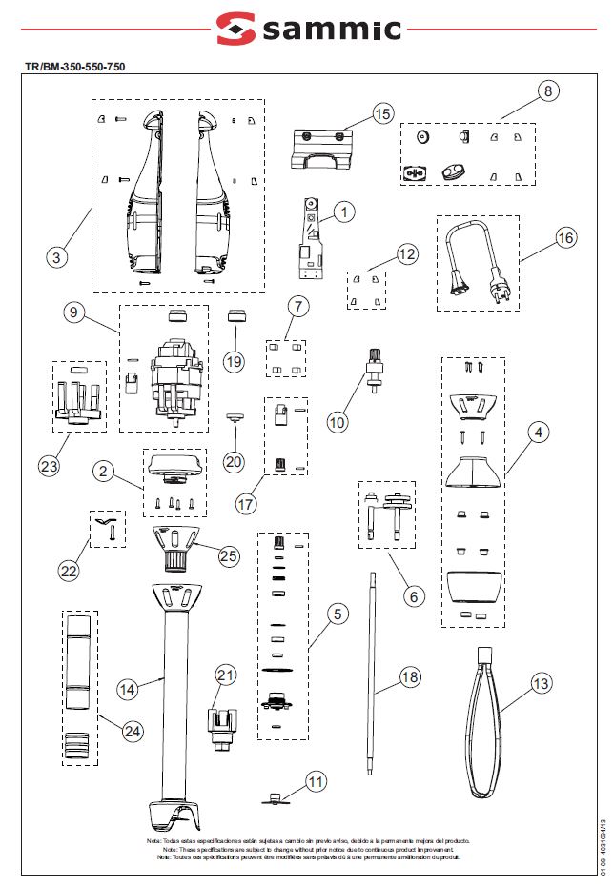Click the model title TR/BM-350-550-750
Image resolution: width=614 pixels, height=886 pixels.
pyautogui.click(x=75, y=67)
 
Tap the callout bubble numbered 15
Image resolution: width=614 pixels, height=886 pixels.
pyautogui.click(x=381, y=114)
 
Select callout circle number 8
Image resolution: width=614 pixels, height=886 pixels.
pyautogui.click(x=547, y=91)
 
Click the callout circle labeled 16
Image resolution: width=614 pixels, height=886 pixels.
pyautogui.click(x=565, y=237)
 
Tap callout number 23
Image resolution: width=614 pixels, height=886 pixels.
pyautogui.click(x=49, y=466)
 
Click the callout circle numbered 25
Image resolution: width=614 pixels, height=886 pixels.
pyautogui.click(x=228, y=554)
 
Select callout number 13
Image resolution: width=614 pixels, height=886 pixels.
pyautogui.click(x=541, y=683)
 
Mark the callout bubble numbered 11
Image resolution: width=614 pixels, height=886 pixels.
pyautogui.click(x=316, y=781)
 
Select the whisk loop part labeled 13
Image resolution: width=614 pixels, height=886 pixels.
pyautogui.click(x=486, y=724)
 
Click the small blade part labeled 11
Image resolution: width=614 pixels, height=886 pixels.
pyautogui.click(x=276, y=798)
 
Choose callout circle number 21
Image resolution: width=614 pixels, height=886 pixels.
pyautogui.click(x=225, y=675)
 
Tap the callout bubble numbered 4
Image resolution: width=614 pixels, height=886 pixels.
pyautogui.click(x=539, y=433)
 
